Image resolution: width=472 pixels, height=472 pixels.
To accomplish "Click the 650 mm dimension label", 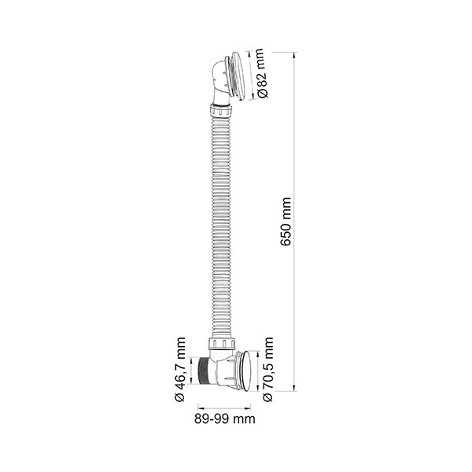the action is coord(286,222).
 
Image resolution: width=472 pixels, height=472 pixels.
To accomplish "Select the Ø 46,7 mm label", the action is coord(179,370).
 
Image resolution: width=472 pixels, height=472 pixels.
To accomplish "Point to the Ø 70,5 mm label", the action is coord(267,370).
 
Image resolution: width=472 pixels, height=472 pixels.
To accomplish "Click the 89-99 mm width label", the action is coord(224,419).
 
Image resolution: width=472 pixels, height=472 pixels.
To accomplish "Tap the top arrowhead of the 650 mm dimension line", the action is coord(294,55).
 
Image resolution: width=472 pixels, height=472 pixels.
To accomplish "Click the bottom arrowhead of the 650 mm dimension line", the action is coord(294,389).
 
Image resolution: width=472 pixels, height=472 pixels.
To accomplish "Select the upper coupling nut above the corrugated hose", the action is coord(220,111).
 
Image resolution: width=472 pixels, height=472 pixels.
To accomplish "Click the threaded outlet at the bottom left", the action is coord(205,371).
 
